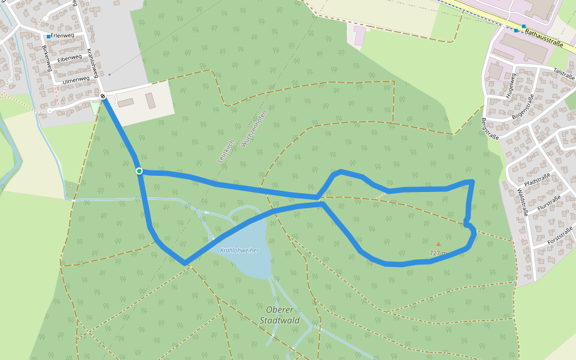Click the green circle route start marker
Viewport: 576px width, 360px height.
point(139,171)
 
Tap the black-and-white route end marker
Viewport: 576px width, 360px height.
point(103,96)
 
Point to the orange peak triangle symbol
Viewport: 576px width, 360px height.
point(439,244)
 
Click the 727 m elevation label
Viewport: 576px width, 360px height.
point(439,253)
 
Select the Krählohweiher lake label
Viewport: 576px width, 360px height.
point(239,250)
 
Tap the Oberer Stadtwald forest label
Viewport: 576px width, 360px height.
point(280,315)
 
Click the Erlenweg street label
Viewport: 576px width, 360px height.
point(63,36)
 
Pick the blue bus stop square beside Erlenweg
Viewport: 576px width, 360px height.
point(49,37)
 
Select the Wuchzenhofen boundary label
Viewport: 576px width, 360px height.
point(253,128)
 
